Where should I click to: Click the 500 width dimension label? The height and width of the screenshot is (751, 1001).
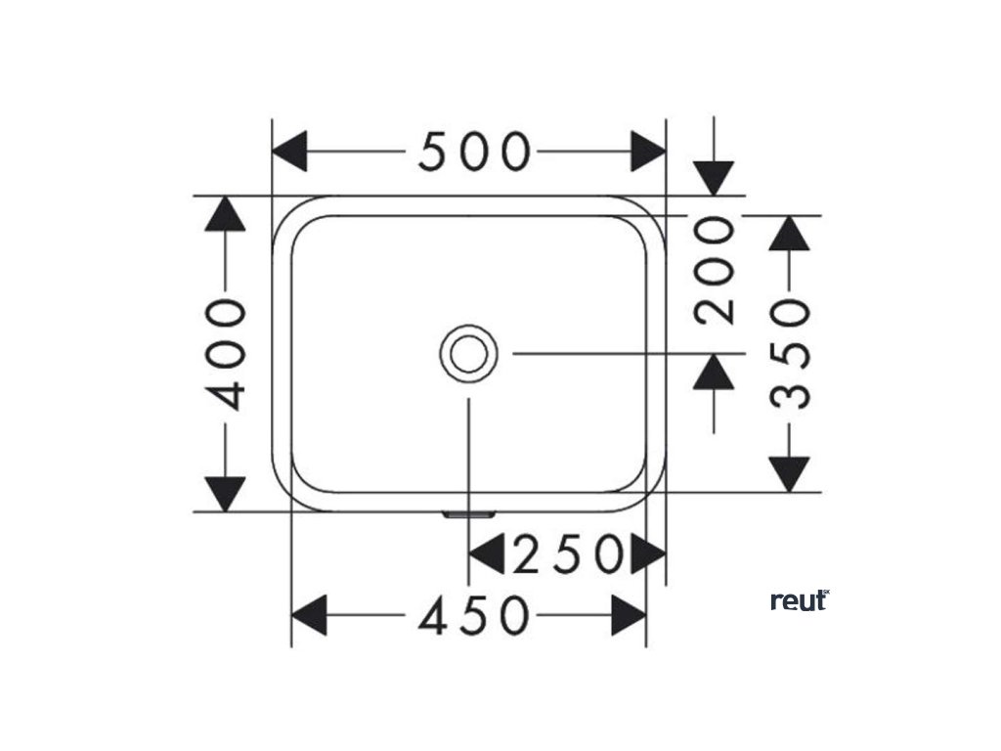click(474, 153)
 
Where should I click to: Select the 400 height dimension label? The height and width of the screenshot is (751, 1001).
click(226, 353)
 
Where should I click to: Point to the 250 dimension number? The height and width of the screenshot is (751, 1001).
click(567, 555)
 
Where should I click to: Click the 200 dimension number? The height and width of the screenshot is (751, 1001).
click(715, 270)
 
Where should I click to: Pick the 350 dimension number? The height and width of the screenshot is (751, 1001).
click(790, 353)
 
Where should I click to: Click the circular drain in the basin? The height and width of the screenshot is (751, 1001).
click(469, 353)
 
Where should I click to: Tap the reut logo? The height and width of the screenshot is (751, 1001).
click(800, 600)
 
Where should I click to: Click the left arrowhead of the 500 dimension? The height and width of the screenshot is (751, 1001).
click(289, 153)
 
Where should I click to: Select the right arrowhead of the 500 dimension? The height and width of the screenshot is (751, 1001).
click(648, 153)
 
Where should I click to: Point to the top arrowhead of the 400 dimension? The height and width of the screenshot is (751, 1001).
click(226, 214)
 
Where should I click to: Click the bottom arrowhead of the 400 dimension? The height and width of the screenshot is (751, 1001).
click(226, 492)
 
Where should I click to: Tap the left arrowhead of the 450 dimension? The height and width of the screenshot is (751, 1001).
click(309, 616)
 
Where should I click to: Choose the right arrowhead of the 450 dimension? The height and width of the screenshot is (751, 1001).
click(629, 616)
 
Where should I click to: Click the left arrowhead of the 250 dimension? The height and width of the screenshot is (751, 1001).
click(486, 555)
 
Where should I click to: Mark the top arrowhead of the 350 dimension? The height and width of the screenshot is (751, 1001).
click(790, 233)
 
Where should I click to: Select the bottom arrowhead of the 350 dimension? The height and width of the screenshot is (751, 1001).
click(790, 473)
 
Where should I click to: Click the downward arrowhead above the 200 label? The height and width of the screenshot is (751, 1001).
click(715, 178)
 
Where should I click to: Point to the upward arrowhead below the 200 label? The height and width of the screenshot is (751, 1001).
click(715, 372)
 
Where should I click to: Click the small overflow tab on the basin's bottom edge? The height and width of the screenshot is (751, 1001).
click(469, 513)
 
